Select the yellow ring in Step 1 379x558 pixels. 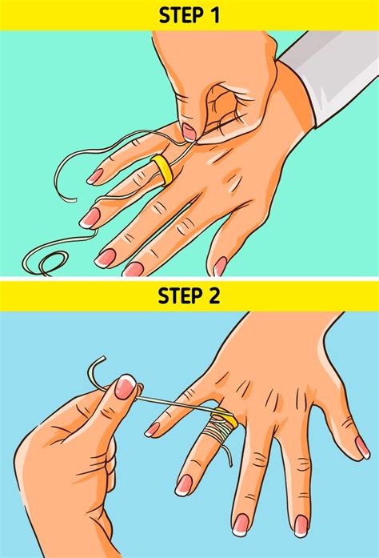pos(163,169)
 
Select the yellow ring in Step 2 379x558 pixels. pos(224,419)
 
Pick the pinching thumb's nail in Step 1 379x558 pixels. pos(189,131)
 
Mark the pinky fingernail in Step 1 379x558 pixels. pos(95,175)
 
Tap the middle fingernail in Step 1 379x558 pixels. pos(105,257)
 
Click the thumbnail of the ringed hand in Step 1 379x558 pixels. pos(219,266)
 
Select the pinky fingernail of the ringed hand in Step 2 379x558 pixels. pos(152,429)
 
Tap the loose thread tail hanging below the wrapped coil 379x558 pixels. pos(229,454)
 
